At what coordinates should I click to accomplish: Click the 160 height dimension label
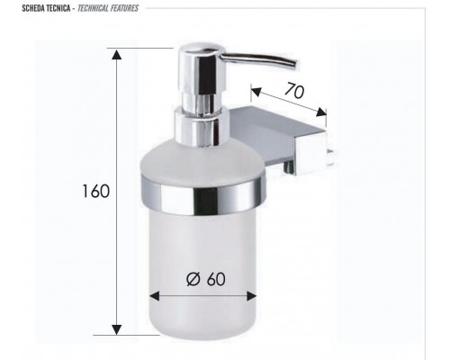[94, 191]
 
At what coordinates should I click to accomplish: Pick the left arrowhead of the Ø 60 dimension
[153, 294]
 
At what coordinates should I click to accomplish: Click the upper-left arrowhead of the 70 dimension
[253, 90]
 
